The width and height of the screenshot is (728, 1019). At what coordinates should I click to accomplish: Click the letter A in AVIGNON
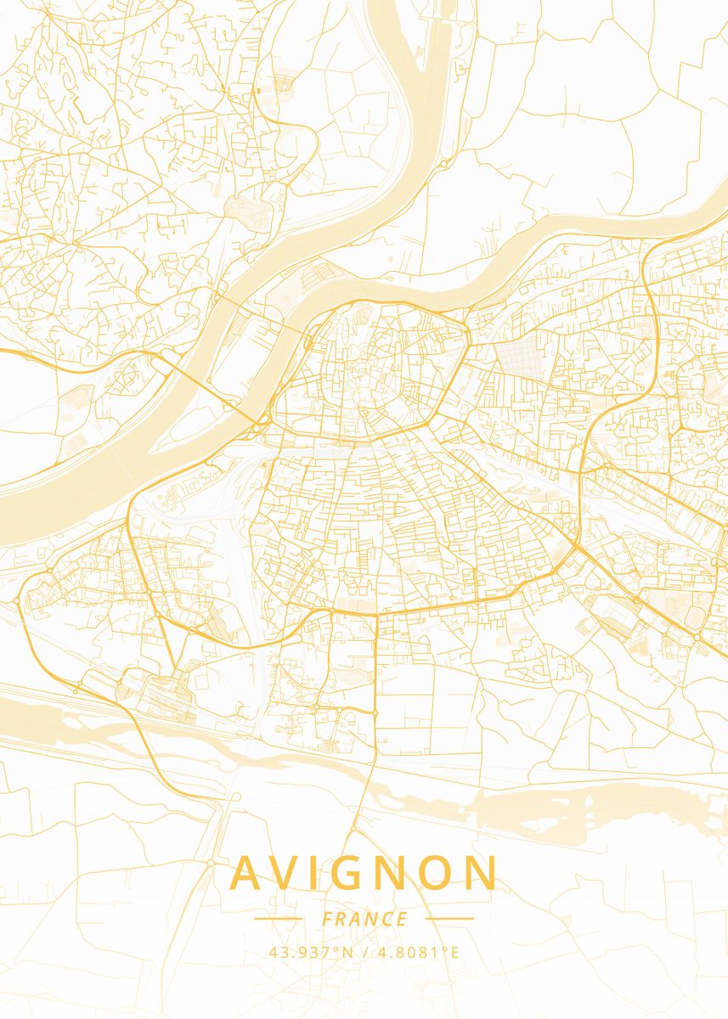(247, 873)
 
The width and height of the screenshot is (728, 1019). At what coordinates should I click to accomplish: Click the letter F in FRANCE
(327, 919)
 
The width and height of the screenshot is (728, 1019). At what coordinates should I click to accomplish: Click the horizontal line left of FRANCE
(278, 918)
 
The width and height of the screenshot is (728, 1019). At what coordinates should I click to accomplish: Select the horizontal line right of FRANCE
(449, 918)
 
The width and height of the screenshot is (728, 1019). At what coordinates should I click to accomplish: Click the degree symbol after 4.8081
(443, 949)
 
